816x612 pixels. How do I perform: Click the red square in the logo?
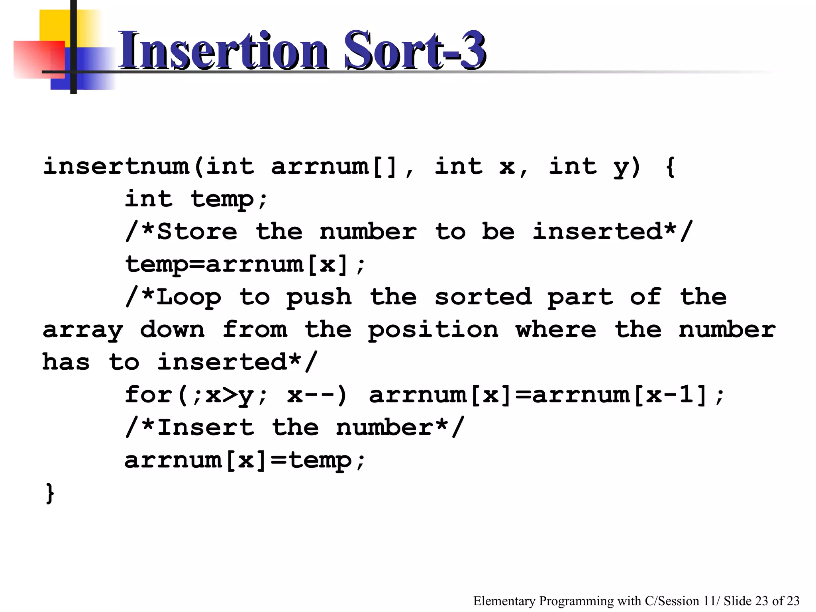point(39,59)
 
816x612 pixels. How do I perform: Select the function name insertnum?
point(116,166)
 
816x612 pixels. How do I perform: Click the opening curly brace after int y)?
point(671,167)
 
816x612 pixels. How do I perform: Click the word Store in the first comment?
point(197,231)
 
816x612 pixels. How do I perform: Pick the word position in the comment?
point(433,330)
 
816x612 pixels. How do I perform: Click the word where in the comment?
point(556,330)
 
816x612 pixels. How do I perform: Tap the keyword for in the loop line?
point(148,394)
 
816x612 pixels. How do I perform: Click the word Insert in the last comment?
point(206,428)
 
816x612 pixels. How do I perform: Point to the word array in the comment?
point(83,330)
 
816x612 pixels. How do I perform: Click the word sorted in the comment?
point(483,297)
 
